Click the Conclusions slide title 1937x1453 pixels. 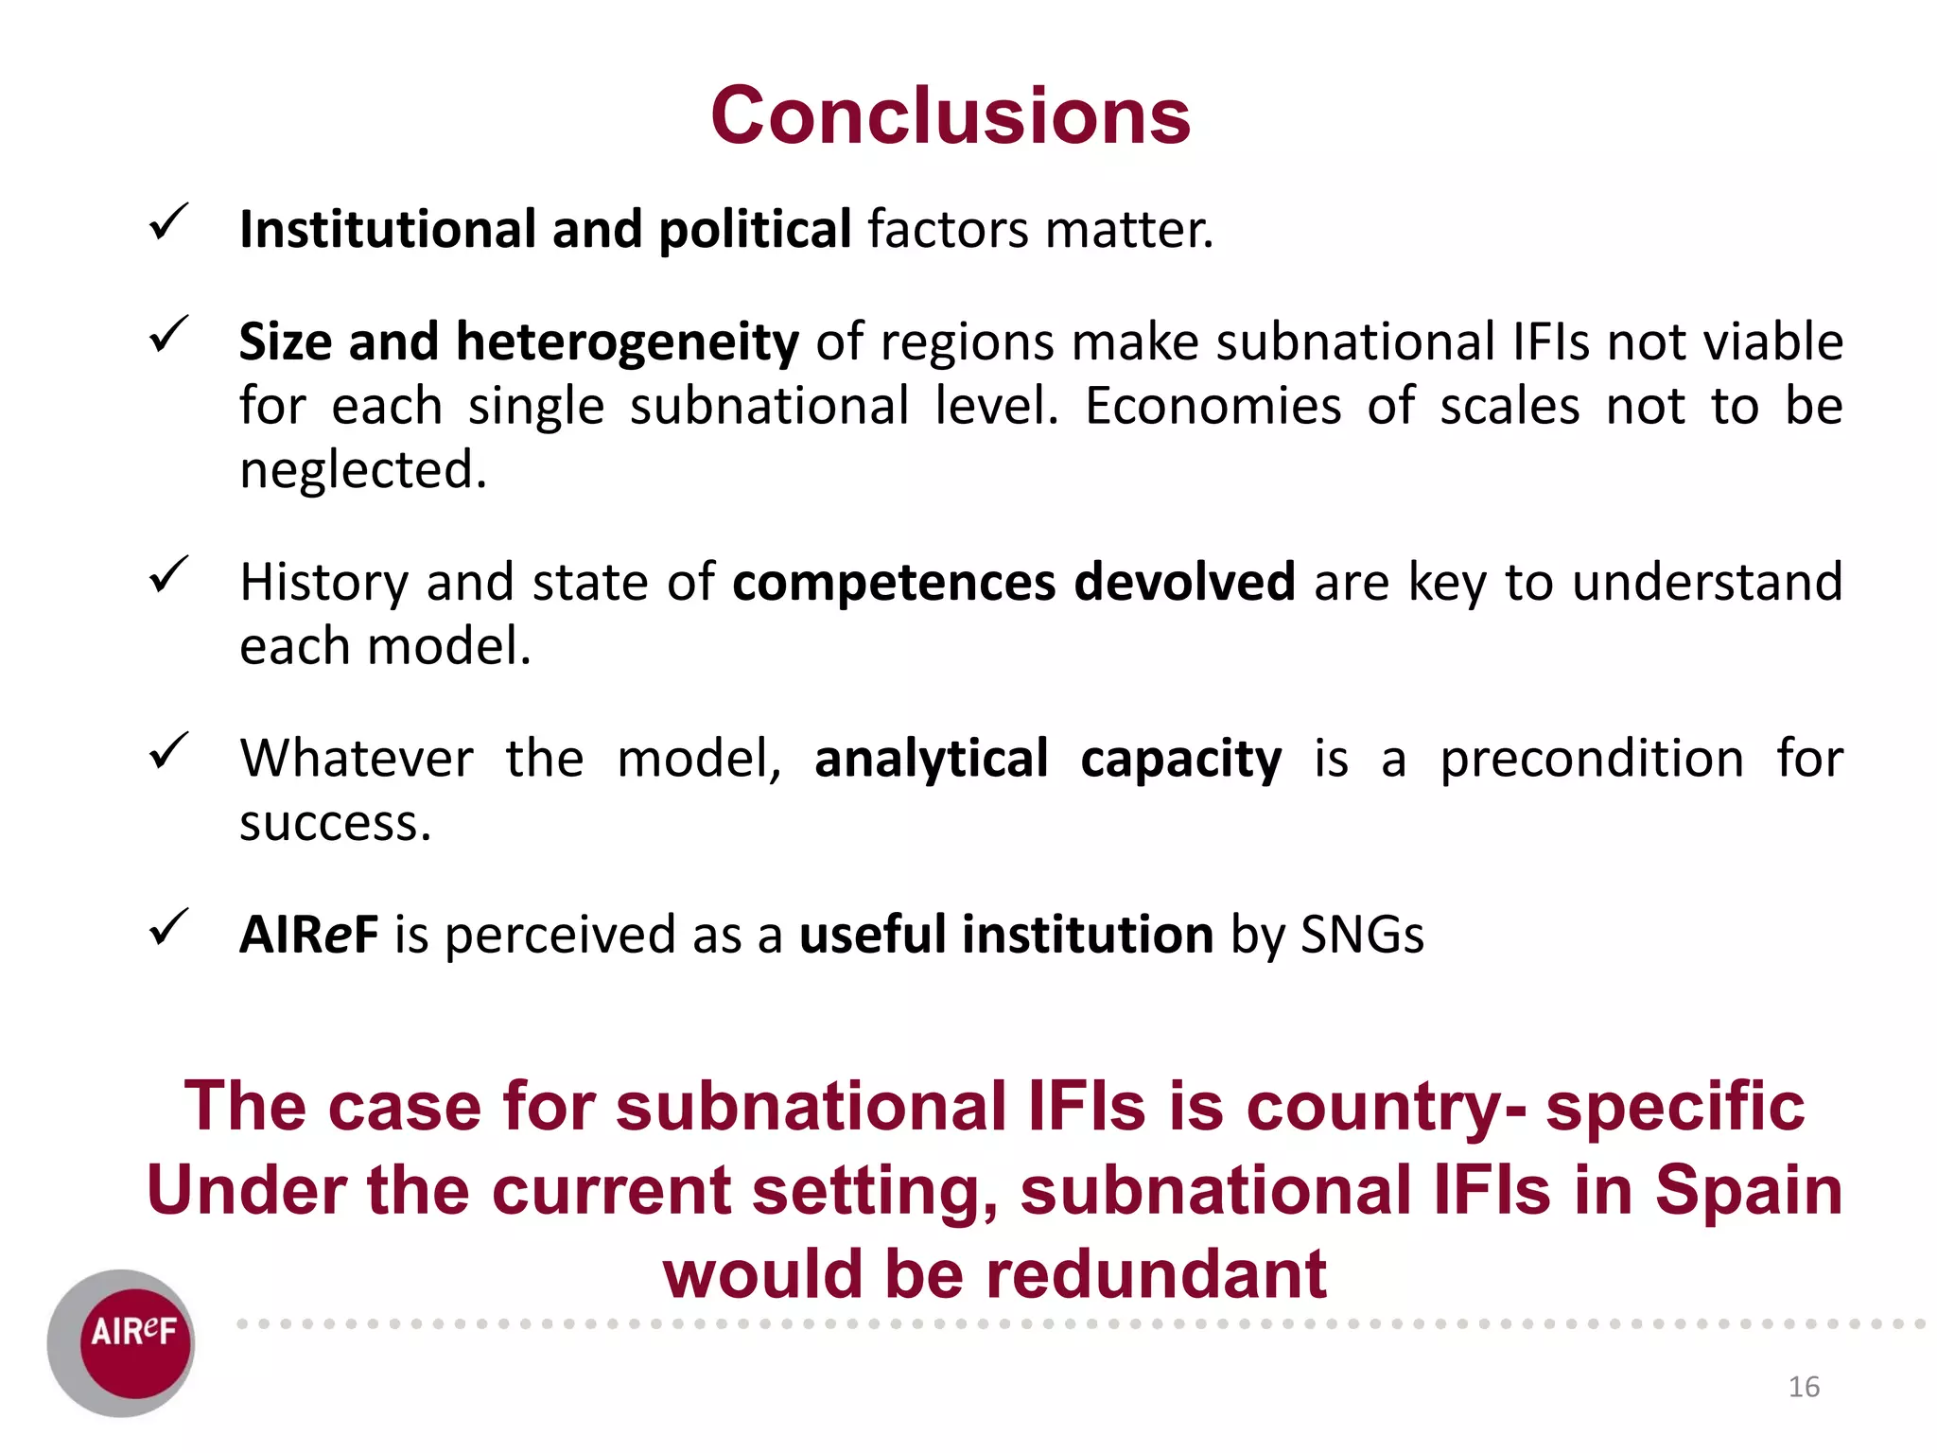[950, 115]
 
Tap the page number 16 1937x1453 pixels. [1804, 1387]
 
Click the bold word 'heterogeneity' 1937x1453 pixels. [627, 342]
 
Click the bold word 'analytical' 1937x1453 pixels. [931, 759]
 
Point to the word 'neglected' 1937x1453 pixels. [362, 470]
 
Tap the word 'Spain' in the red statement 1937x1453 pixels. [1748, 1189]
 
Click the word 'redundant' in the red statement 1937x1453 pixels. [1156, 1273]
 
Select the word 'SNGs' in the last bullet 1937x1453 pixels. [1362, 935]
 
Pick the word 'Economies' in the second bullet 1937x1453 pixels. [1213, 407]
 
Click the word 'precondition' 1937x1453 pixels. [1592, 759]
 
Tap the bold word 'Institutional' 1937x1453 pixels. [388, 230]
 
